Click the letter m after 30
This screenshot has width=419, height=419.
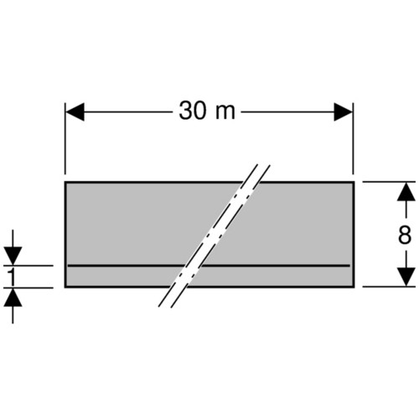[225, 114]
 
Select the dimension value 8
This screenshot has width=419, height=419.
[405, 235]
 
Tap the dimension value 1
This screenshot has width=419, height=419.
[12, 277]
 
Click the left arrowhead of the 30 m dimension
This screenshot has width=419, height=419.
[75, 111]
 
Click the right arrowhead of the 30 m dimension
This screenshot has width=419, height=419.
[344, 111]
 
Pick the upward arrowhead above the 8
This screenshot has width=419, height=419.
[406, 192]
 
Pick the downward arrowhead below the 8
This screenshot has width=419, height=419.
[406, 277]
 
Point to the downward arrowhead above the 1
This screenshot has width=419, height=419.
[13, 256]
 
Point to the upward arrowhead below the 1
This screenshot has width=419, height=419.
[13, 297]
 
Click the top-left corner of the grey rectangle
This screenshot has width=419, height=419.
[65, 182]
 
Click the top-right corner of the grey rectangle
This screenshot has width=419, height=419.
[354, 182]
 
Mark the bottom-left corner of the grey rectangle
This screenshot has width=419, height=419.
[65, 287]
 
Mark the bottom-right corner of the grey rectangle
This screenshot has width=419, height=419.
[354, 287]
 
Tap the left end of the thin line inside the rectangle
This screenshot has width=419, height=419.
[69, 266]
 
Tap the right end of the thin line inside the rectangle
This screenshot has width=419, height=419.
[349, 266]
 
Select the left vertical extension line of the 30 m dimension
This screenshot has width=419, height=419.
[65, 138]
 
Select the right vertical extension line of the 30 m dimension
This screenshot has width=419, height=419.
[353, 138]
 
